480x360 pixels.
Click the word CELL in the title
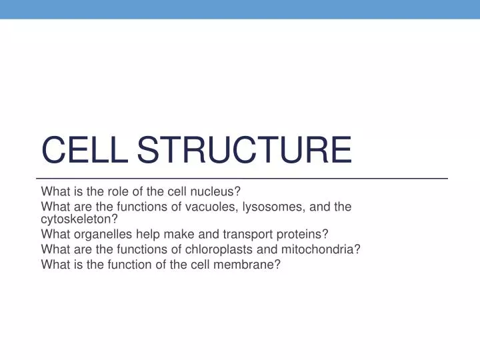tap(85, 149)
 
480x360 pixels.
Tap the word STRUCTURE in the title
tap(244, 149)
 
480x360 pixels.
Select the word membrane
tap(249, 264)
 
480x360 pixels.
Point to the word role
tap(117, 193)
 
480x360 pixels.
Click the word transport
tap(253, 235)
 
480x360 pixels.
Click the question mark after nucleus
tap(237, 193)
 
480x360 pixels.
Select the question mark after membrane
tap(278, 264)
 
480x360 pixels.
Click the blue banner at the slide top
tap(240, 9)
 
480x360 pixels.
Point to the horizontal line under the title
tap(240, 179)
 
